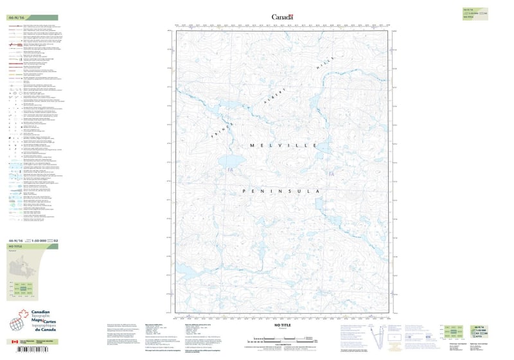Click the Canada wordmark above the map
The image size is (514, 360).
[x=283, y=17]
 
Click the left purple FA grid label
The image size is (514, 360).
[x=229, y=170]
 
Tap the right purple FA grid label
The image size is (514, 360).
[x=331, y=174]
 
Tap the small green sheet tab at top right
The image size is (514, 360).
[x=476, y=13]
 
